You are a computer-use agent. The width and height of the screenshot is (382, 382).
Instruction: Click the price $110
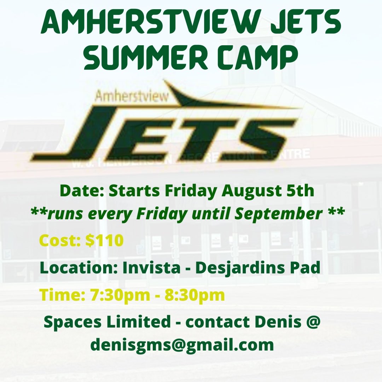105,241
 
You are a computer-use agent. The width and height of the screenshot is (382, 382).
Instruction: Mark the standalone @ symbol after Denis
313,322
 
